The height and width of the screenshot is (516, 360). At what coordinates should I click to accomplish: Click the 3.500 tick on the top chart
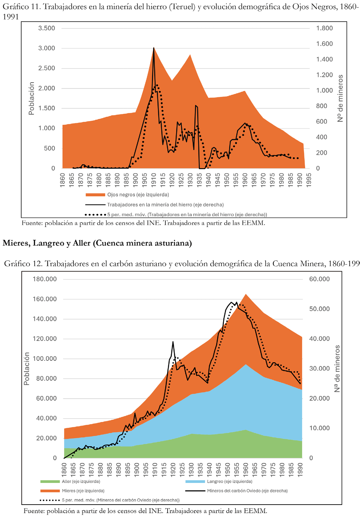pos(47,28)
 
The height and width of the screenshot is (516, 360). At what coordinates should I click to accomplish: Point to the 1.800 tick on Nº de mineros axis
pos(324,28)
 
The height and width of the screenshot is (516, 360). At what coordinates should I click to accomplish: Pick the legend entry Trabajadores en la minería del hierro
pos(165,205)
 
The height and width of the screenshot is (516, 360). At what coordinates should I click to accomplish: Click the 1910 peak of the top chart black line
pos(154,48)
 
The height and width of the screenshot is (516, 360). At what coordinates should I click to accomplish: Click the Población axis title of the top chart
pos(31,98)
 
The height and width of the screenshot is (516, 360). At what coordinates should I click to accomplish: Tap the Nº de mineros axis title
pos(340,98)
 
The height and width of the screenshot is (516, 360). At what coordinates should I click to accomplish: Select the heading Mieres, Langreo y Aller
pos(97,243)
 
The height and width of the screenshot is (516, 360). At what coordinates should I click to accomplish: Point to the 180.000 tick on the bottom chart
pos(45,279)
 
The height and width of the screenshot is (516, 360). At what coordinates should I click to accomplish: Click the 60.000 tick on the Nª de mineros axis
pos(319,279)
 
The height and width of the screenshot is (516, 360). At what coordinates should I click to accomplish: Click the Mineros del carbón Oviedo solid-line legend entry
pos(247,491)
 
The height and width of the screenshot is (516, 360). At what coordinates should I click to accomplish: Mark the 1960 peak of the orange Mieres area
pos(246,294)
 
